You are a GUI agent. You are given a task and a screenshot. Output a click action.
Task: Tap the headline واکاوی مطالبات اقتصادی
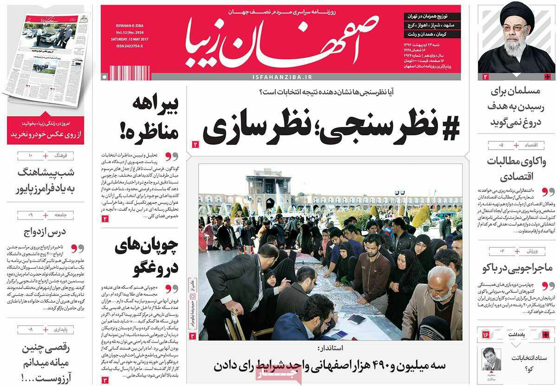coord(517,169)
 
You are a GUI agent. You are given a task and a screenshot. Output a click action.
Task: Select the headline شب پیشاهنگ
coord(45,180)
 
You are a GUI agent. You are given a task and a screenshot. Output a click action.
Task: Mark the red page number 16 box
coord(486,335)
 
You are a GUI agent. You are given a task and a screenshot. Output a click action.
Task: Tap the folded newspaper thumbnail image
coord(45,53)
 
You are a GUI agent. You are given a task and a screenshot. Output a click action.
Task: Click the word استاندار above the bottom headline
coord(330,348)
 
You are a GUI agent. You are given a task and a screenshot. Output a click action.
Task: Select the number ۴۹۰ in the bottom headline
coord(364,366)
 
